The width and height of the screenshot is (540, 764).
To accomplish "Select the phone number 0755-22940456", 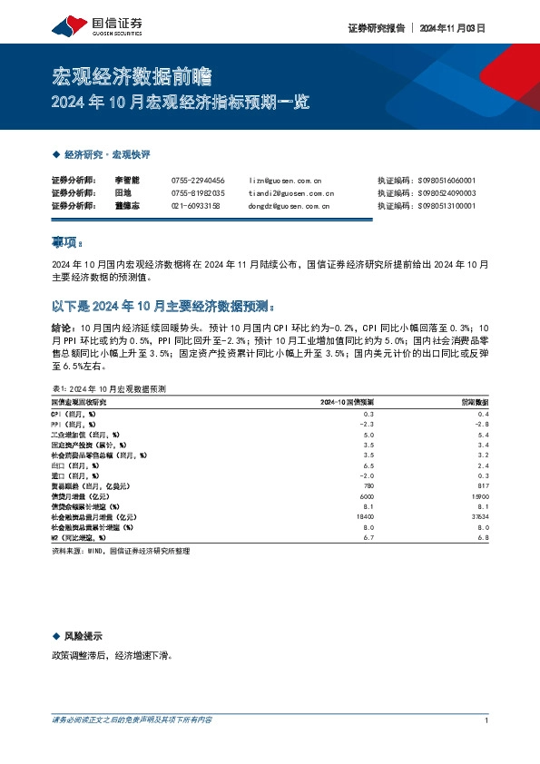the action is [x=198, y=181].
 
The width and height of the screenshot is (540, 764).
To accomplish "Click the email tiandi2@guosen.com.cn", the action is [x=290, y=193].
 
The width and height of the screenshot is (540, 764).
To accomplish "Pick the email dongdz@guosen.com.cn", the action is [x=289, y=206].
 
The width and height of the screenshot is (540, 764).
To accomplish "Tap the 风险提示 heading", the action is [x=83, y=636].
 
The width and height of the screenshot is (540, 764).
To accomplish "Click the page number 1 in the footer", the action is [x=487, y=720].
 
